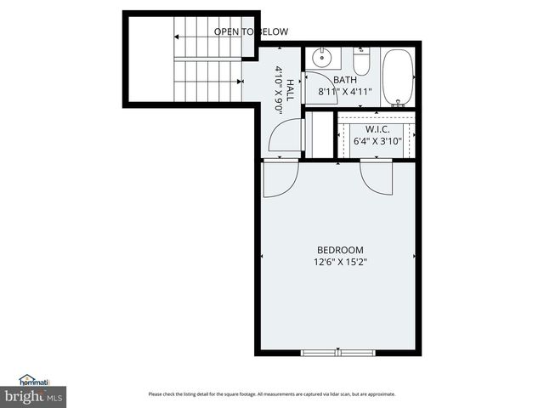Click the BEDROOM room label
click(x=340, y=250)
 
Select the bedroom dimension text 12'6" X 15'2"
click(x=340, y=263)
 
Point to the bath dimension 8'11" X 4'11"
click(x=346, y=91)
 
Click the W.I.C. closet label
click(x=377, y=129)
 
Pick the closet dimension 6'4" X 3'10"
click(x=377, y=141)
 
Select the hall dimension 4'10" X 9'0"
click(x=279, y=85)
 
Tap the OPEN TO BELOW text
click(x=251, y=32)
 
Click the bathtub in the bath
click(x=397, y=77)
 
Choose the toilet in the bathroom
click(x=361, y=63)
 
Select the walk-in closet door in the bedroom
click(x=376, y=175)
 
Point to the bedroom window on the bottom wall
click(x=338, y=352)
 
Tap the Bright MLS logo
click(x=33, y=396)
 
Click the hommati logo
click(x=35, y=380)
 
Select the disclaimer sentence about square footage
click(x=272, y=394)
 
